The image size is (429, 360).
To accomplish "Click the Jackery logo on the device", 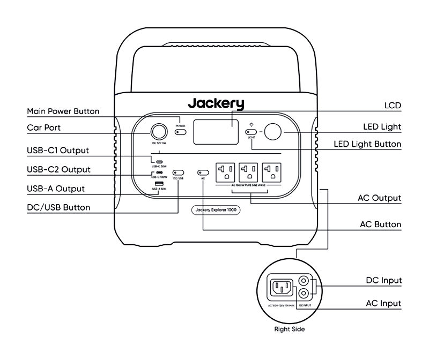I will pos(216,103).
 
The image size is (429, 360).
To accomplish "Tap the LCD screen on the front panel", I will pos(216,131).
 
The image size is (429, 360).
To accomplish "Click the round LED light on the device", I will pos(273,131).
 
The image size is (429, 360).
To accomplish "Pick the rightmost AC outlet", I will pos(273,171).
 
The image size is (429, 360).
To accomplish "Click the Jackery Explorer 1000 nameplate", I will pos(216,210).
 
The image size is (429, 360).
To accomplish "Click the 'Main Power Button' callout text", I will pos(63,111).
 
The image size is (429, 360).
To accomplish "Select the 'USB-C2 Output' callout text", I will pos(58,169).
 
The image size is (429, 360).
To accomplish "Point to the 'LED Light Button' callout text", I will pos(367,145).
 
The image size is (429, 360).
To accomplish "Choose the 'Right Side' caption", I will pos(290,330).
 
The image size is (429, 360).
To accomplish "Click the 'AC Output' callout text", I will pos(380,198).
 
